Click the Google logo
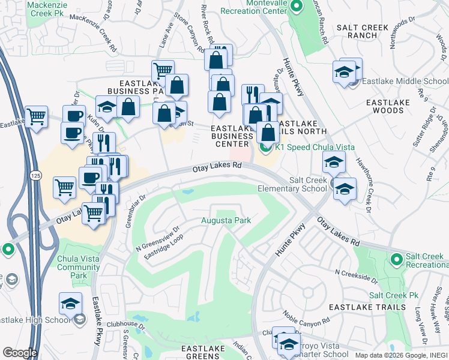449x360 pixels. click(x=19, y=353)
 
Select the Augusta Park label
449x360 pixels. click(x=226, y=221)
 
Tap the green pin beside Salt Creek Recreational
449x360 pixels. click(x=396, y=259)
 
